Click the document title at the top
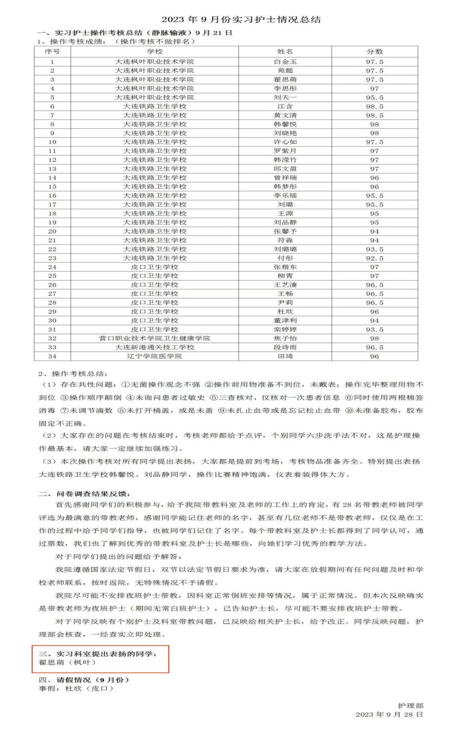(241, 19)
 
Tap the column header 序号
(52, 51)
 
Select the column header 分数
(374, 51)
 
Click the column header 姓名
(285, 51)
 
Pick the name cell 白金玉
(285, 62)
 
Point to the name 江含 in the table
(285, 106)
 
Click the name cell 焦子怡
(285, 338)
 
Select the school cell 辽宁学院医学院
(154, 356)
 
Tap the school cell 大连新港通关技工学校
(154, 347)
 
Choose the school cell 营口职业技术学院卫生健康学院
(154, 338)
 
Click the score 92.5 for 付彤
(374, 258)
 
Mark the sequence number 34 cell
(52, 356)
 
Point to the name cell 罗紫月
(285, 151)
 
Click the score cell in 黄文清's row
(374, 115)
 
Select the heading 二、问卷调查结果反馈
(84, 494)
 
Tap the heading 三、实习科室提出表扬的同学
(98, 654)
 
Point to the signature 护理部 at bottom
(411, 706)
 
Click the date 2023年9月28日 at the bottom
(389, 714)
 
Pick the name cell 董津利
(285, 320)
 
